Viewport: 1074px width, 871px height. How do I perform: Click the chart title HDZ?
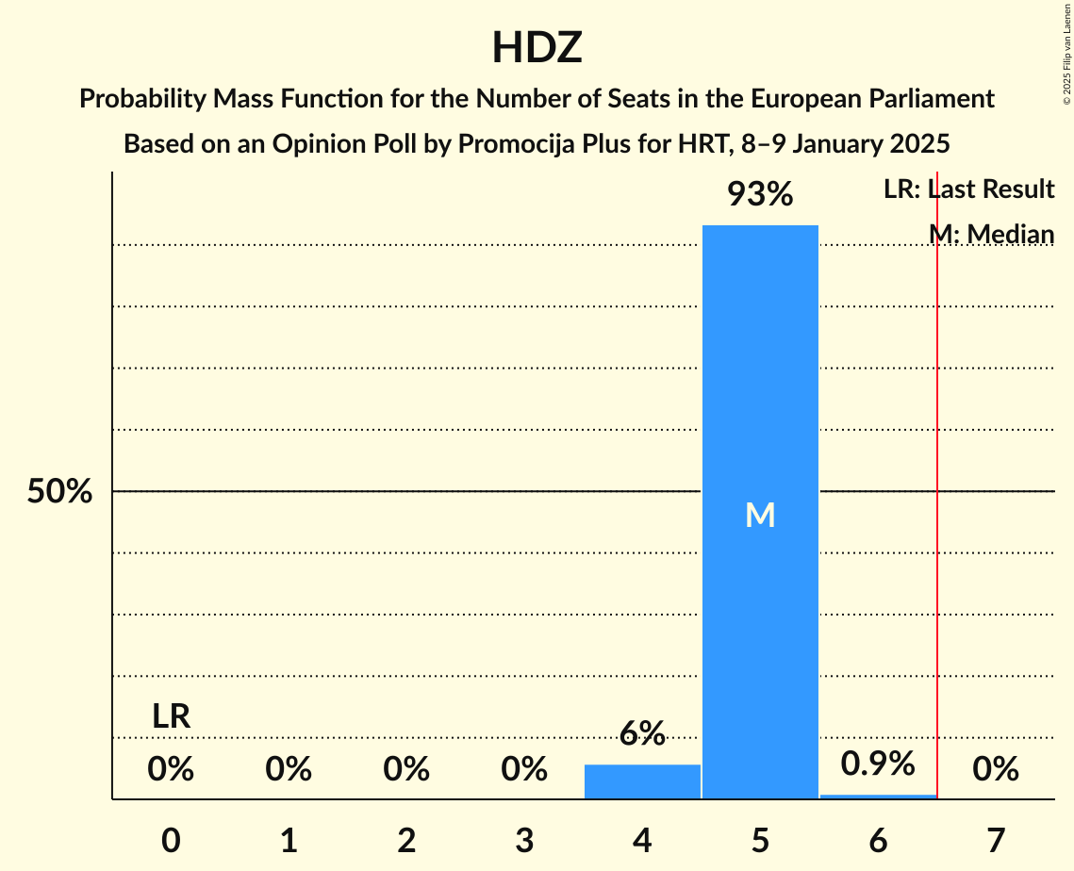click(537, 47)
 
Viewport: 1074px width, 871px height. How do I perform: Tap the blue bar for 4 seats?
click(642, 781)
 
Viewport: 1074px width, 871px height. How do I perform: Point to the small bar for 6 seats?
click(878, 797)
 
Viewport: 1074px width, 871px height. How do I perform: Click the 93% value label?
click(760, 195)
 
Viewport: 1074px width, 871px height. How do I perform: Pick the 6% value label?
click(642, 733)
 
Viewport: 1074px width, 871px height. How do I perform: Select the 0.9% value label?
click(878, 764)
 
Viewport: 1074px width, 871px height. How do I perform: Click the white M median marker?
click(760, 515)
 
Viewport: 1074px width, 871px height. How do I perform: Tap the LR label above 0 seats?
click(171, 716)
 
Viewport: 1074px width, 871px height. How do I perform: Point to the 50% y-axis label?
click(59, 491)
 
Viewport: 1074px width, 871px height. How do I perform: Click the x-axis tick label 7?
click(996, 840)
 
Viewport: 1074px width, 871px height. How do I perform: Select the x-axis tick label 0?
click(171, 840)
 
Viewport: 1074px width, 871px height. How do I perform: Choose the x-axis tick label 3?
click(524, 840)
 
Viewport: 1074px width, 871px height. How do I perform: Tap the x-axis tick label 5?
click(760, 840)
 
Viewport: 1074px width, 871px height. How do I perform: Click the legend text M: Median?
click(991, 234)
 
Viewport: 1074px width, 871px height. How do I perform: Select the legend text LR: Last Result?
click(968, 189)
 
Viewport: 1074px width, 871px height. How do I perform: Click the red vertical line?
click(937, 566)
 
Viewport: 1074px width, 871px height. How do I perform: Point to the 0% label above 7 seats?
click(996, 770)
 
